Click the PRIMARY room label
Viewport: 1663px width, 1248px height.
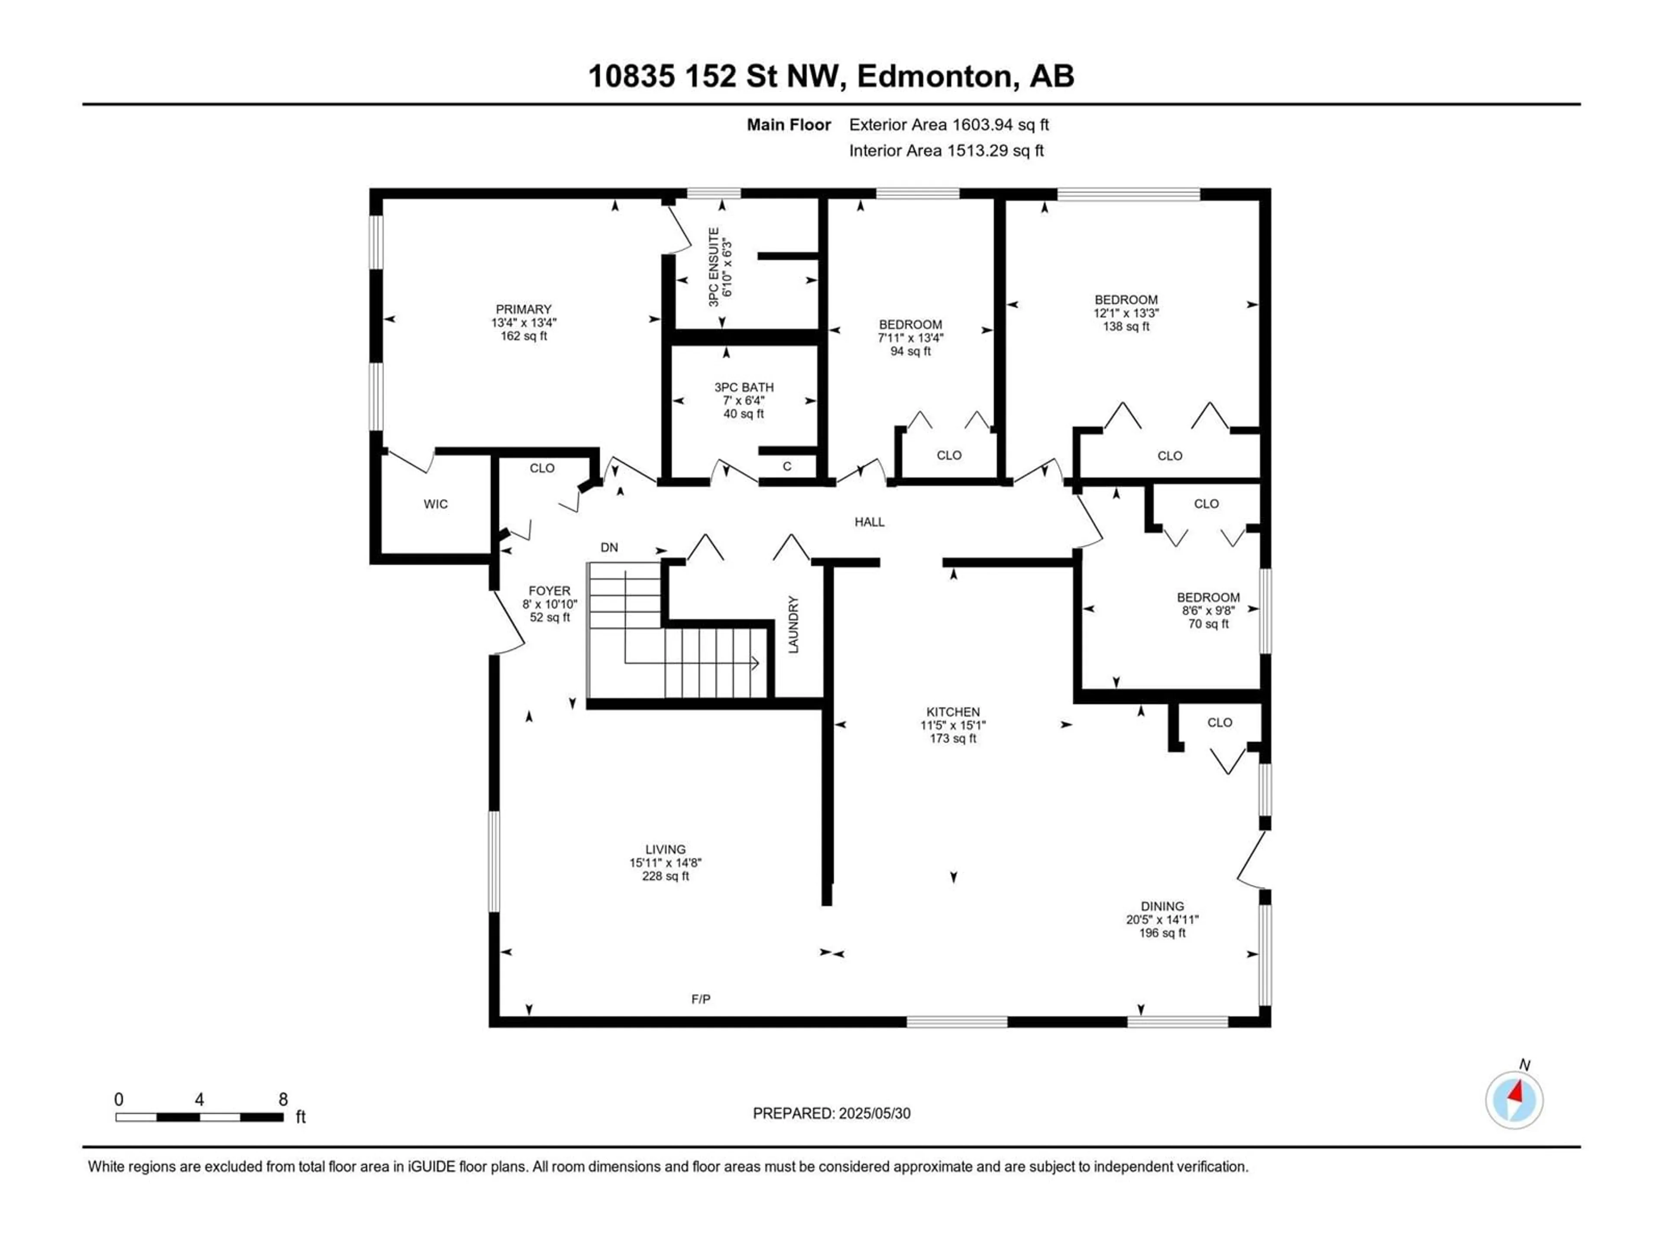tap(523, 309)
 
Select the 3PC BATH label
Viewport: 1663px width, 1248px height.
tap(744, 387)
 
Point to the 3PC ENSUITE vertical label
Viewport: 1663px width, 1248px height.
tap(713, 266)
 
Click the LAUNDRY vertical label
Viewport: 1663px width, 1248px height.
tap(793, 624)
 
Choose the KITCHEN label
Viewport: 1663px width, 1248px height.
tap(952, 712)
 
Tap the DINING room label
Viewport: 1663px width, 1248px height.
tap(1162, 907)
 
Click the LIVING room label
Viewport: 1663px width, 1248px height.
tap(665, 849)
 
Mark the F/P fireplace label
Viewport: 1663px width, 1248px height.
tap(701, 999)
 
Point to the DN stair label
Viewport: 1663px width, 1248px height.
tap(609, 548)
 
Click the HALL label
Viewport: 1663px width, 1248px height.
tap(869, 522)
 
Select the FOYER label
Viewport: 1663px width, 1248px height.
tap(550, 591)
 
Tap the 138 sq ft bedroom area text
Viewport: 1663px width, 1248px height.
tap(1126, 326)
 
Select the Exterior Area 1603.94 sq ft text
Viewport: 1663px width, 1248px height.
tap(949, 125)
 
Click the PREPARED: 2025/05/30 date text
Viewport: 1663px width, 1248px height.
tap(831, 1113)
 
